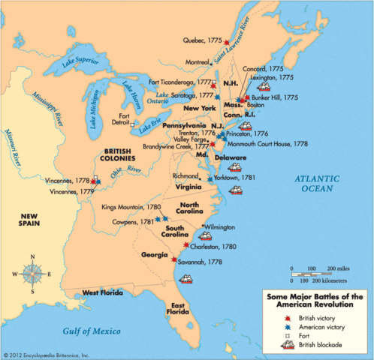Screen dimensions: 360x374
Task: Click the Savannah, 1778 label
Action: (x=204, y=262)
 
